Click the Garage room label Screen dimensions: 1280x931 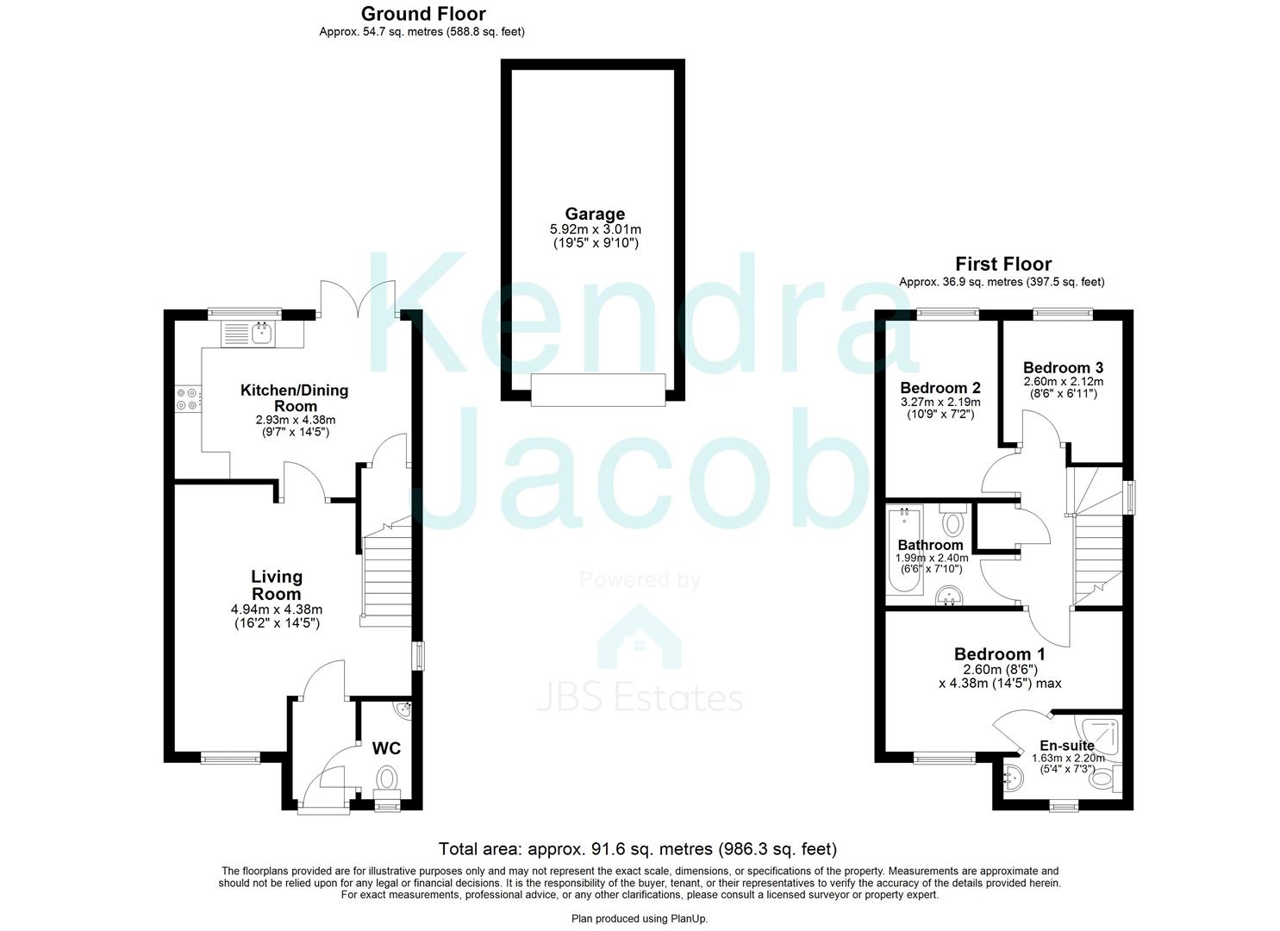(595, 214)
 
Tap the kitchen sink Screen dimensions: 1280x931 (248, 334)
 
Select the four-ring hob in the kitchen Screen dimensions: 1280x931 (187, 399)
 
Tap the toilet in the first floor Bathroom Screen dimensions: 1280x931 (952, 518)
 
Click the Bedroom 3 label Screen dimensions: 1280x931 (1063, 367)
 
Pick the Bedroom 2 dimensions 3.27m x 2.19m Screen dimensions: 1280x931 (941, 402)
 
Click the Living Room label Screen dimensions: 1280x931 (277, 584)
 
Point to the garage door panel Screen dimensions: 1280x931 (598, 390)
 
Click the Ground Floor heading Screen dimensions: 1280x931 (423, 14)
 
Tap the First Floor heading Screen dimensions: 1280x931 (1003, 264)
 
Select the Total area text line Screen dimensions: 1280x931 (638, 849)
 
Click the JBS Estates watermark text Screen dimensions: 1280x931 (640, 698)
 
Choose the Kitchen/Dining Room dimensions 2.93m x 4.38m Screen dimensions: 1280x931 (296, 420)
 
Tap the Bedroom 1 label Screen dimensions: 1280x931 (999, 653)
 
